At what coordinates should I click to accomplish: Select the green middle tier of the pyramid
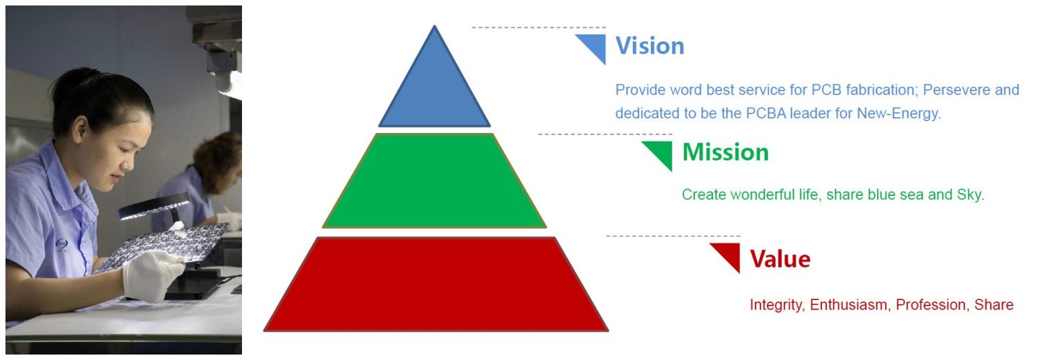point(434,181)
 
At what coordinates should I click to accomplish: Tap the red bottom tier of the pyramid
point(436,284)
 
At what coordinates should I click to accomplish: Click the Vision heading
point(649,46)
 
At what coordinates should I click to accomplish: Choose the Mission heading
point(725,152)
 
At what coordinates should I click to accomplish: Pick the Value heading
point(780,259)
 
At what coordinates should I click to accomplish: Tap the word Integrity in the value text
point(776,305)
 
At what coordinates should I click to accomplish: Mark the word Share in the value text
point(994,305)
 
